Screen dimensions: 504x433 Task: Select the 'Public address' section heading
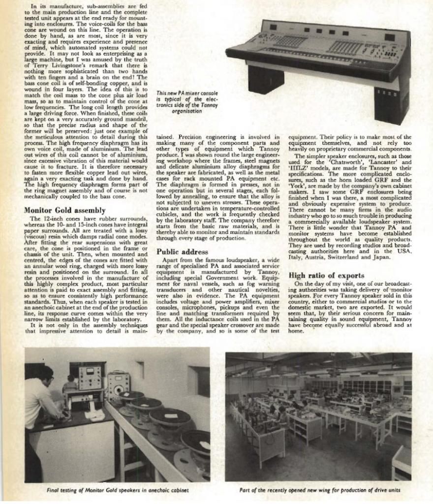[x=182, y=252]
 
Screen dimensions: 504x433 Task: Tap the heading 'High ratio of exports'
[x=326, y=276]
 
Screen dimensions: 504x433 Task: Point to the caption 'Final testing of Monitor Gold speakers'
[x=118, y=490]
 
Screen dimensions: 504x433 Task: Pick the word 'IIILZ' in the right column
[x=299, y=167]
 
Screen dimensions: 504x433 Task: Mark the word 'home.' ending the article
[x=296, y=331]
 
